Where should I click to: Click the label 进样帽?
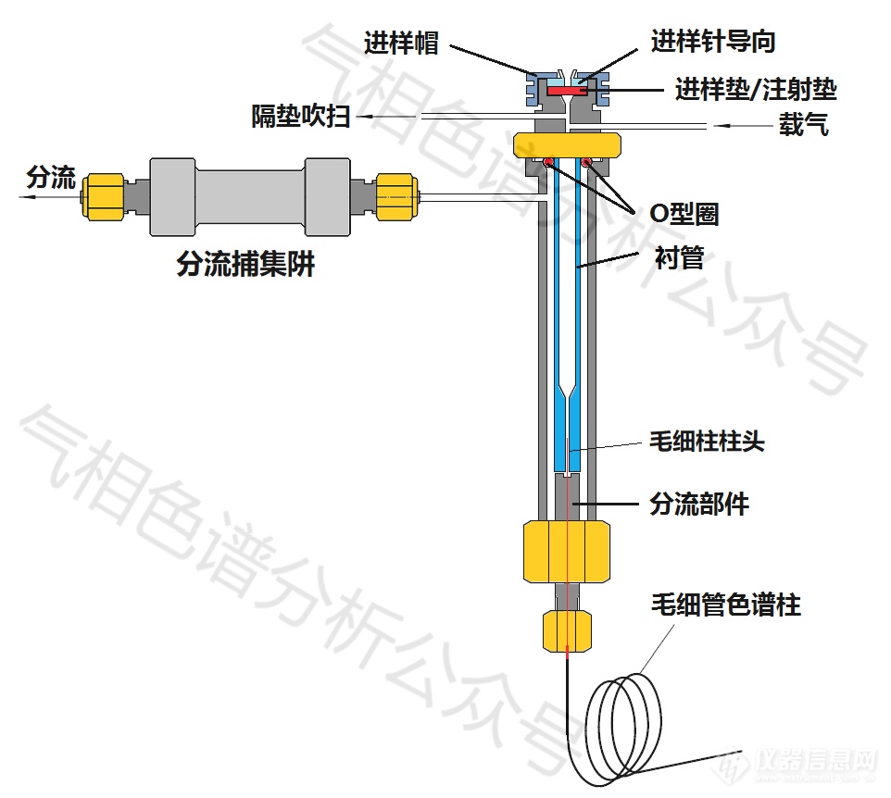401,44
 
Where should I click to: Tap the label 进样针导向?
712,42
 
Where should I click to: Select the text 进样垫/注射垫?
756,90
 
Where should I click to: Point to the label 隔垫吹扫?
301,117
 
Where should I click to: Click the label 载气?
803,125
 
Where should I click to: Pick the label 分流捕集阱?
245,266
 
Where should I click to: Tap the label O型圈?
684,214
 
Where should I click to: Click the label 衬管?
679,256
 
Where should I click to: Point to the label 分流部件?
698,504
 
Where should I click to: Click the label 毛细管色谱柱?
725,605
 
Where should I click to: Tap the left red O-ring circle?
548,164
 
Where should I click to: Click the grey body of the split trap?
250,198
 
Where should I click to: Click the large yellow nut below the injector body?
567,552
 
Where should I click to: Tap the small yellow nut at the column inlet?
566,630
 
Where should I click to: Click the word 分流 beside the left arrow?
52,177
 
